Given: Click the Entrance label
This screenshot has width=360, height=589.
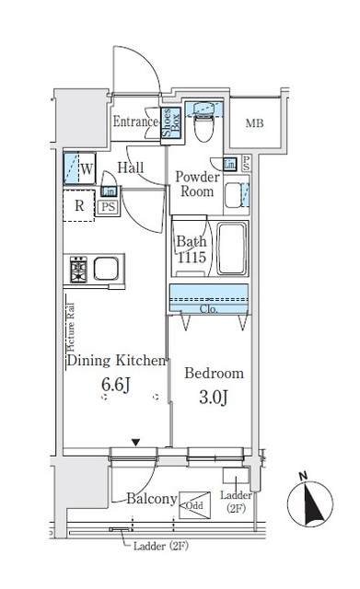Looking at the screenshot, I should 135,121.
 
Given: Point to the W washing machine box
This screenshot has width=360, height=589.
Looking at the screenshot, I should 79,168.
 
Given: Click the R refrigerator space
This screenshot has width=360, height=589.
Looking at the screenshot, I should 79,205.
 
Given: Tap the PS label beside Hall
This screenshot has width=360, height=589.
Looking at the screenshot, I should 109,207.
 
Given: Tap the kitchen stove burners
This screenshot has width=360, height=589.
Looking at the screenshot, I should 77,271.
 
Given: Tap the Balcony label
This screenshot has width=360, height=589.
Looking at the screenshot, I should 152,499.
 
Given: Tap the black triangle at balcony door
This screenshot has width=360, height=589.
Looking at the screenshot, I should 136,443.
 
